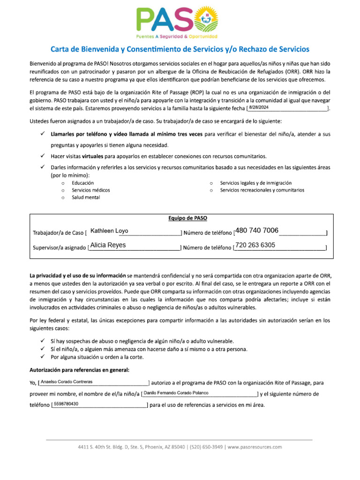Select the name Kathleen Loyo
(x=109, y=231)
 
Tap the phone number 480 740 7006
(x=257, y=230)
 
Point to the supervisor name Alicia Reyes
(x=108, y=245)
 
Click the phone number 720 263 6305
(x=255, y=245)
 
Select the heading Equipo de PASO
(x=187, y=218)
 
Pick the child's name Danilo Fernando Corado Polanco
(x=176, y=392)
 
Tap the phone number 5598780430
(x=66, y=404)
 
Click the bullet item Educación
(x=82, y=183)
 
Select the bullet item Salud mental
(x=85, y=197)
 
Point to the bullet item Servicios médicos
(x=90, y=190)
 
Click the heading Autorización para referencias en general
(x=80, y=370)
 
